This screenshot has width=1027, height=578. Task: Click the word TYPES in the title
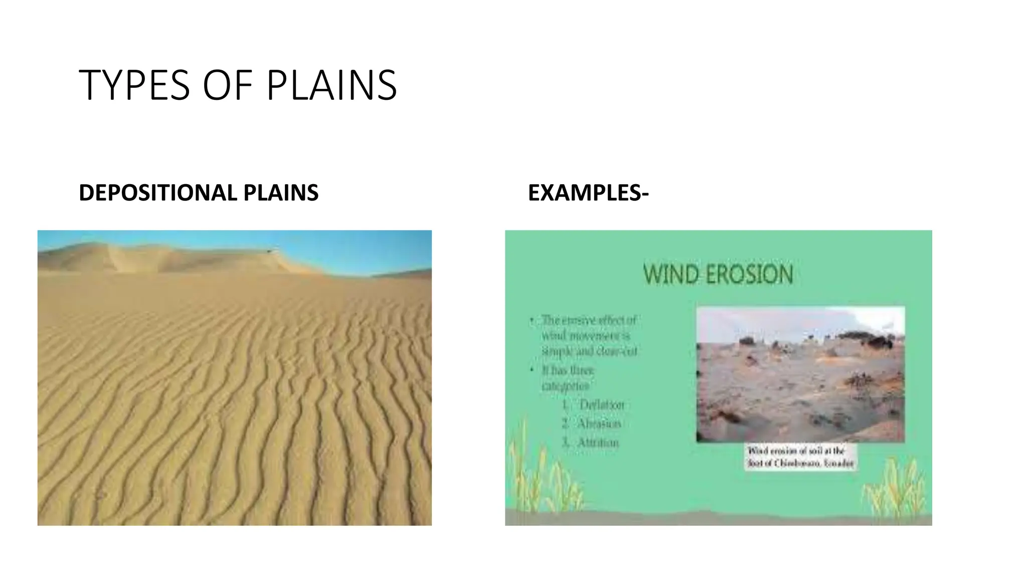click(134, 85)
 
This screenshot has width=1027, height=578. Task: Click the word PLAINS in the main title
click(331, 85)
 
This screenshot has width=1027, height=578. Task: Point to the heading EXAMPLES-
click(588, 193)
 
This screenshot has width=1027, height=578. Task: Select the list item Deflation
click(601, 405)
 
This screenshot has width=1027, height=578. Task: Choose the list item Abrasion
click(599, 423)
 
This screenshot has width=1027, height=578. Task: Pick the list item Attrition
click(598, 443)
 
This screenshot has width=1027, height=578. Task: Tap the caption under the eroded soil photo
click(800, 458)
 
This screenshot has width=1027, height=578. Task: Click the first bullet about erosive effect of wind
click(589, 336)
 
